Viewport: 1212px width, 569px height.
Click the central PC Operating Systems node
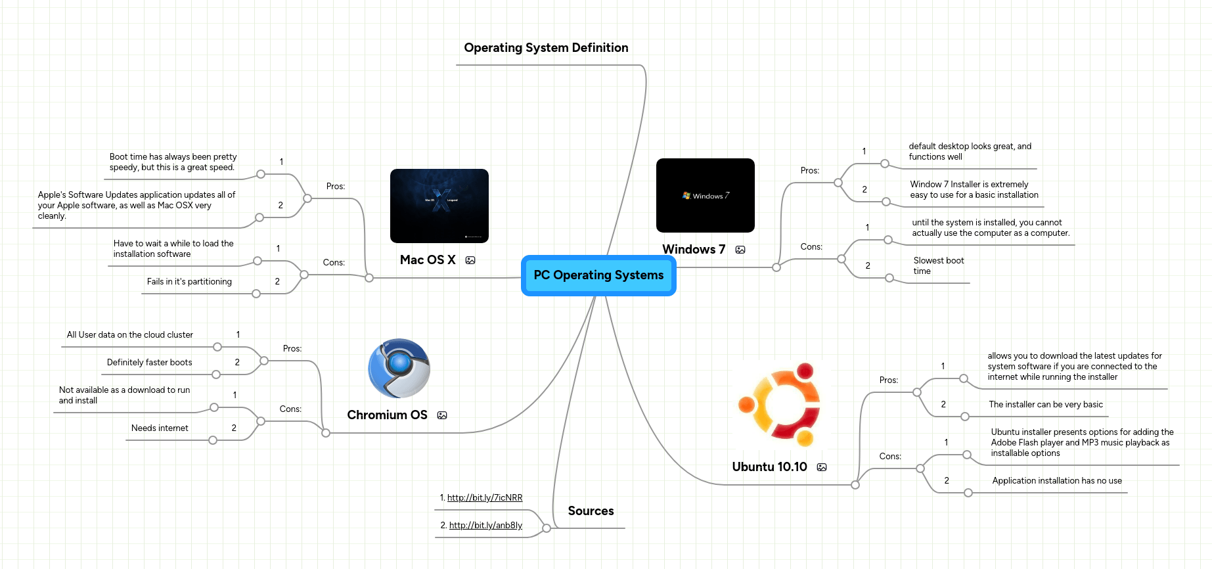coord(598,275)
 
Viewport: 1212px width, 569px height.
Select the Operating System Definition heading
coord(546,48)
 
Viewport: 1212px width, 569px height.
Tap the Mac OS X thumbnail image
coord(439,206)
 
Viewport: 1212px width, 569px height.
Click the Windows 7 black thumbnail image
coord(705,195)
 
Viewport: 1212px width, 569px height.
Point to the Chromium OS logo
coord(399,368)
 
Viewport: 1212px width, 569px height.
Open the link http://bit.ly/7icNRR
coord(485,498)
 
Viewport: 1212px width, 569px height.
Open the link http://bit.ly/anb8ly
coord(485,526)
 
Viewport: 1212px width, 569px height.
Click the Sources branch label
coord(591,511)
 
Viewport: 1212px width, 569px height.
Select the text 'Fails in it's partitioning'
coord(189,282)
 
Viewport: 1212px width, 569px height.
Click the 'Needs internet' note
coord(160,428)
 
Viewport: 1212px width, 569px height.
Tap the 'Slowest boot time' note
coord(938,266)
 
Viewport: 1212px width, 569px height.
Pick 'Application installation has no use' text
coord(1056,481)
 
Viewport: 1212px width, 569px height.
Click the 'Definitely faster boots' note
coord(149,363)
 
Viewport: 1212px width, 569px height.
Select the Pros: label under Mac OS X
coord(336,187)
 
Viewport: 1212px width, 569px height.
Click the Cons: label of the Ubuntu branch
coord(890,457)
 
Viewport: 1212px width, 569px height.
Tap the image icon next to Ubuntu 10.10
coord(822,467)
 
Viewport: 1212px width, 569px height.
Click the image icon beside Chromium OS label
coord(442,415)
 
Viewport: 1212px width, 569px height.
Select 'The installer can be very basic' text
coord(1045,405)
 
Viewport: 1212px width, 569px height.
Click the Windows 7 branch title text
coord(693,250)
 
